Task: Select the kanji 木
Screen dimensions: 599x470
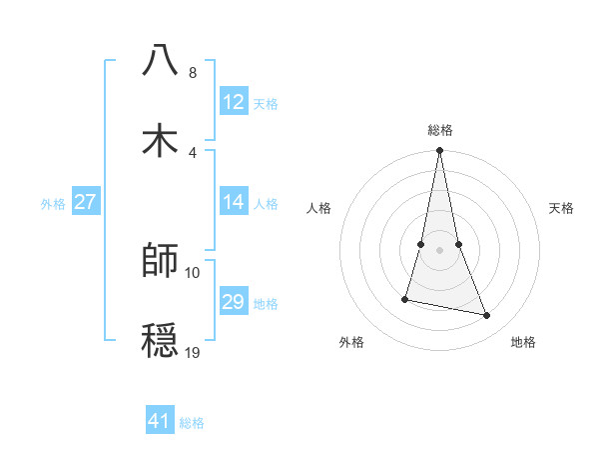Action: click(x=160, y=139)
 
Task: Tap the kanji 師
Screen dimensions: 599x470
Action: click(x=160, y=260)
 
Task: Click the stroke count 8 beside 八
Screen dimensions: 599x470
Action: click(x=192, y=73)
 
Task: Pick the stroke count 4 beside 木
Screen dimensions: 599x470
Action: click(x=192, y=152)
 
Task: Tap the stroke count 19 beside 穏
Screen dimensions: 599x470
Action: click(x=193, y=353)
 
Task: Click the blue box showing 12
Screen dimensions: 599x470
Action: click(x=234, y=102)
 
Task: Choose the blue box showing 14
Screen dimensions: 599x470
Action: click(x=234, y=202)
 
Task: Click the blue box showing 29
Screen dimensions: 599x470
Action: click(x=234, y=302)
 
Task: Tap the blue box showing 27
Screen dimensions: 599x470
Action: click(x=86, y=202)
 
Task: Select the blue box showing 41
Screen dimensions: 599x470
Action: click(x=160, y=421)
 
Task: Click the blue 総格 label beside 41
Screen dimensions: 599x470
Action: click(x=192, y=423)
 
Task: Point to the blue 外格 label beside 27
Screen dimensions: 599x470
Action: click(x=53, y=204)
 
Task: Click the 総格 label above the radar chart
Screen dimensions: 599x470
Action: click(x=439, y=130)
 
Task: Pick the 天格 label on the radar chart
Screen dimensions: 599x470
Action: click(x=562, y=208)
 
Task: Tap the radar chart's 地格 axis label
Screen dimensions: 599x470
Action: click(x=523, y=342)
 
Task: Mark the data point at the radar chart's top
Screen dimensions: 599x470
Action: click(x=439, y=151)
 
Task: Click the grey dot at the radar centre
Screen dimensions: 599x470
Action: click(x=439, y=250)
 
